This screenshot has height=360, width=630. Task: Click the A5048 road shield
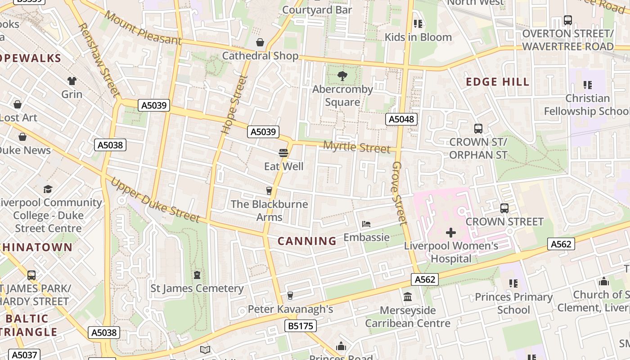401,119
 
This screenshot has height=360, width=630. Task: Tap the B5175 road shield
300,326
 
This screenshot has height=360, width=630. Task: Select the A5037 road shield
24,355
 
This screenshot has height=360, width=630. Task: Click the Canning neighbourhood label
307,241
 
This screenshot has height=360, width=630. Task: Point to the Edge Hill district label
497,82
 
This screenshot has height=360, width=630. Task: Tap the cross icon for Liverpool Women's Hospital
450,233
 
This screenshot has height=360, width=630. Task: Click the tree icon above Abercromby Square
342,76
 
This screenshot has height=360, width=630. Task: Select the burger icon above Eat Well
283,153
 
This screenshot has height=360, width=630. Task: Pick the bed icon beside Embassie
366,224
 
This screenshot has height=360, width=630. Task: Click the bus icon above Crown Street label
504,208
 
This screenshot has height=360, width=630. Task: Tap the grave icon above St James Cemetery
197,274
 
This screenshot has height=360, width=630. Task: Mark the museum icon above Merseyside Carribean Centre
408,297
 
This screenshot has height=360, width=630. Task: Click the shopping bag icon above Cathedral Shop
260,43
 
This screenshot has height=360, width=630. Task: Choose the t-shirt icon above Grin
72,81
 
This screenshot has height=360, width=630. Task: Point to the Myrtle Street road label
357,147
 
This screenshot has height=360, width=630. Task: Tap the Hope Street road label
235,104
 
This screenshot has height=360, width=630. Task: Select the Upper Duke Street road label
155,200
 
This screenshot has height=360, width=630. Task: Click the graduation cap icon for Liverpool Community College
48,189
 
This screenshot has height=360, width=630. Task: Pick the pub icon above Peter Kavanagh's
290,296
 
